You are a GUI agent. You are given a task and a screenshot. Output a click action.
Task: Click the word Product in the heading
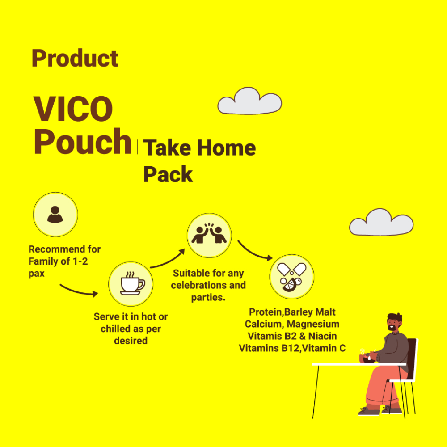point(75,58)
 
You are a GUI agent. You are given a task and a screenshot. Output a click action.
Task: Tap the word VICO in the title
point(73,109)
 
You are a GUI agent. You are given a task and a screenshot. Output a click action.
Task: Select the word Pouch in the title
point(83,142)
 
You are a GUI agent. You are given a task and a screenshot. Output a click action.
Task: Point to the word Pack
point(168,174)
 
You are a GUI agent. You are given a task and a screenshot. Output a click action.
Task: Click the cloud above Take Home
point(249,101)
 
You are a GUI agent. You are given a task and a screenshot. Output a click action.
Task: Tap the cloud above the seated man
point(381,222)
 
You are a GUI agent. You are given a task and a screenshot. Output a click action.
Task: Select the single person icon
point(55,214)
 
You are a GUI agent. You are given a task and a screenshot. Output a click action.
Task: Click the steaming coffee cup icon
point(131,283)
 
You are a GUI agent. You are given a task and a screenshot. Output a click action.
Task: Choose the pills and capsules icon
point(291,277)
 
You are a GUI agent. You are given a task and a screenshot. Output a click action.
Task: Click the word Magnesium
point(313,324)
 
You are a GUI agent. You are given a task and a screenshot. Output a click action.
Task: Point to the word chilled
point(116,329)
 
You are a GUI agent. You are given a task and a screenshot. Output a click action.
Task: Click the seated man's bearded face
point(393,323)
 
